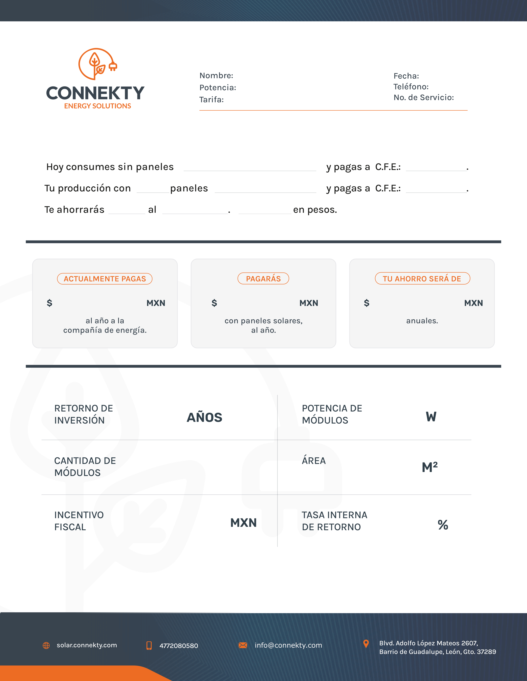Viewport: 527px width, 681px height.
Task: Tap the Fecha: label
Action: pyautogui.click(x=406, y=76)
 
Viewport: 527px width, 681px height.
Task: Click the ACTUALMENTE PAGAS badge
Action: pyautogui.click(x=105, y=279)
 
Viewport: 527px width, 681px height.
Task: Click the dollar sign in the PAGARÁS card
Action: pyautogui.click(x=214, y=303)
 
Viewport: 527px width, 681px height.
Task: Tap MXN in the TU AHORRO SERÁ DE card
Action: pyautogui.click(x=473, y=303)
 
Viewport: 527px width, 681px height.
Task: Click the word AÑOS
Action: pyautogui.click(x=205, y=417)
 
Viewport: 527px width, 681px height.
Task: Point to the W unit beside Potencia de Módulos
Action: pyautogui.click(x=431, y=417)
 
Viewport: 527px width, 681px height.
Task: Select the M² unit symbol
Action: pyautogui.click(x=430, y=467)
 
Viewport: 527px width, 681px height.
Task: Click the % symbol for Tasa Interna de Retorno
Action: pyautogui.click(x=443, y=525)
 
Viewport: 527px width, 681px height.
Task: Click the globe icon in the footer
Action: pyautogui.click(x=46, y=645)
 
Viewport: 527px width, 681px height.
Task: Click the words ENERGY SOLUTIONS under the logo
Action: pyautogui.click(x=97, y=106)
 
